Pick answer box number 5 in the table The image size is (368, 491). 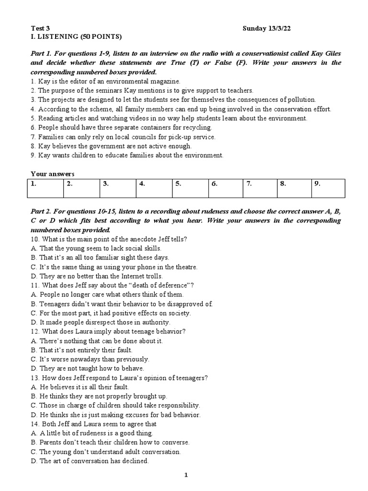tap(191, 188)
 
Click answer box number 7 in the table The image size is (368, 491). tap(260, 188)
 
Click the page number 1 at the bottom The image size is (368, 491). tap(186, 475)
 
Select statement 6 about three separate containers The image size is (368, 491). tap(121, 128)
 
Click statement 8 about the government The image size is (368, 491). tap(111, 146)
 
